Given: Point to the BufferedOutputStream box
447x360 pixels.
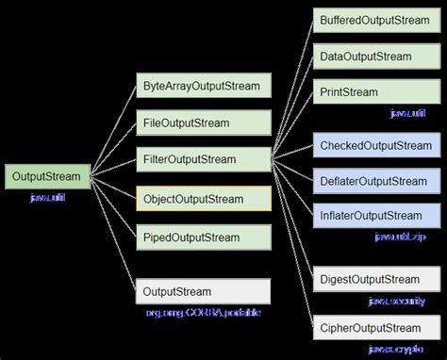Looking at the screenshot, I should click(374, 20).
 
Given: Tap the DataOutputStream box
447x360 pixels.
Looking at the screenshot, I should click(374, 57).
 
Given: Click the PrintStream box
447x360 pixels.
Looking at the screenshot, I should click(374, 92).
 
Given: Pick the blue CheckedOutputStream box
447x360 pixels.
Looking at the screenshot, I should click(374, 145).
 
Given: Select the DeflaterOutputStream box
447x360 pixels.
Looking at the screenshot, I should click(374, 181).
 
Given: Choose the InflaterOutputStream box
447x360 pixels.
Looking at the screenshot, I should click(374, 216).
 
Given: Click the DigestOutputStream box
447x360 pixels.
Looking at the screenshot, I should click(374, 279).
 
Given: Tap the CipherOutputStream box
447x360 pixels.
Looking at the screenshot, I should click(374, 328).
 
